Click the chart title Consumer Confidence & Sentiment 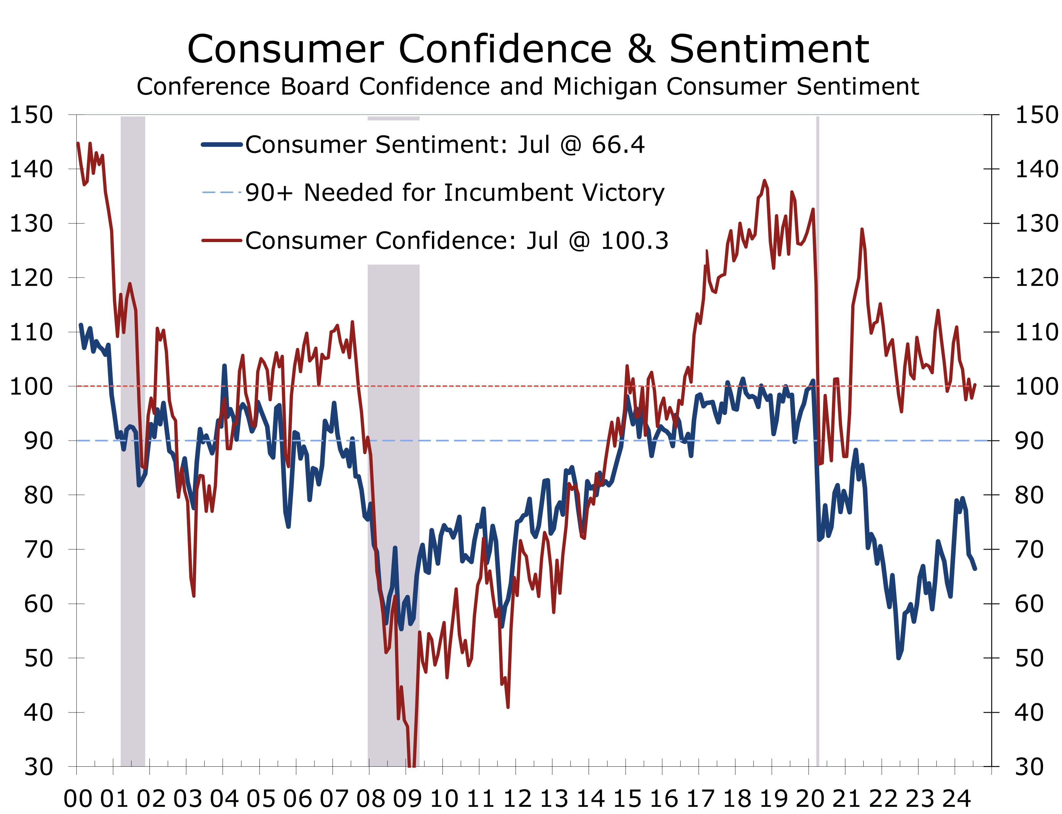528,49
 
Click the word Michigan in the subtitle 605,87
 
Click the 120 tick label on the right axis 1036,278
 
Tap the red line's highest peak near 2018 764,181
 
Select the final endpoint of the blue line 975,568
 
